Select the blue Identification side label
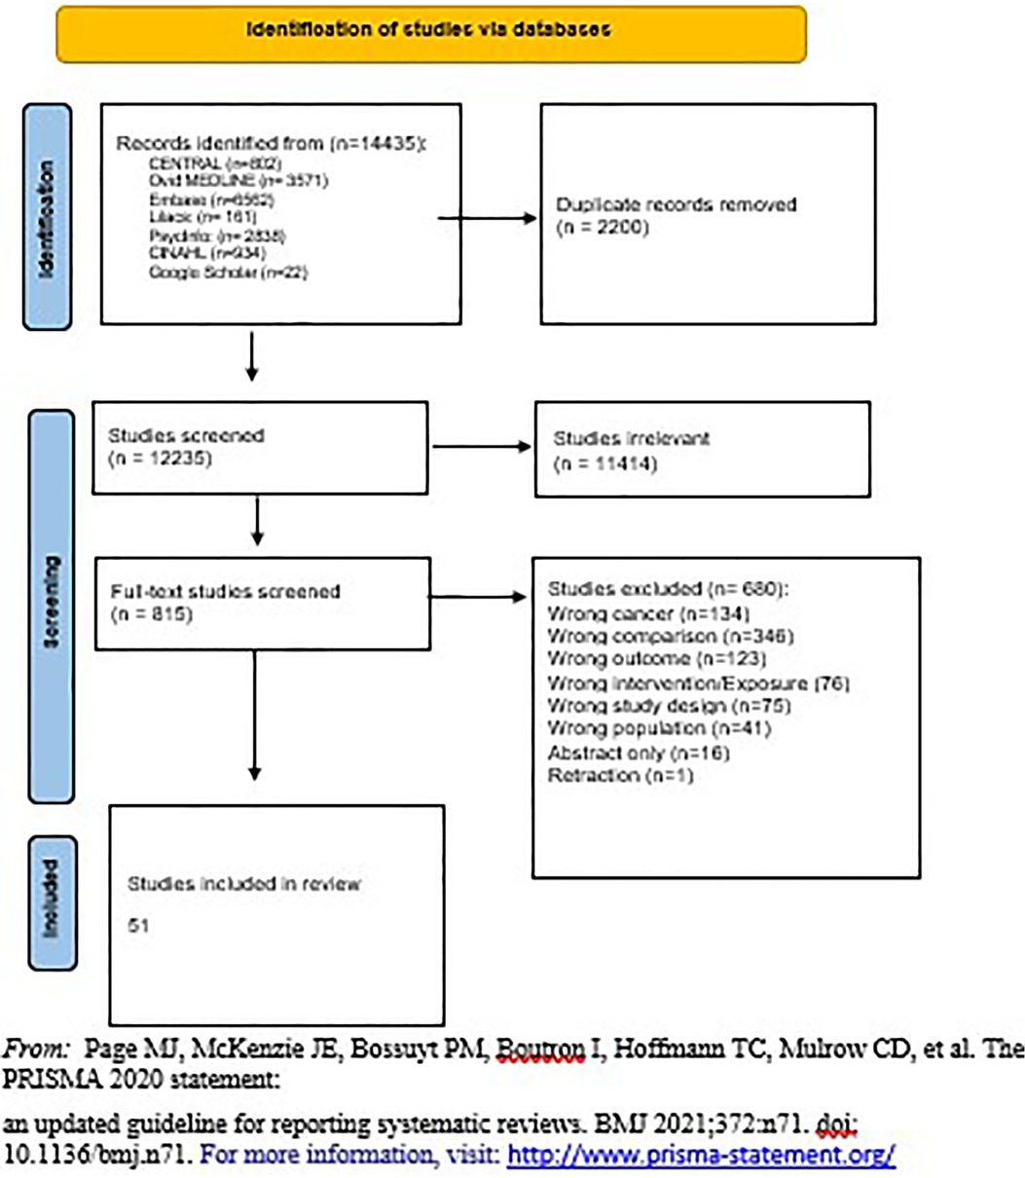[x=48, y=217]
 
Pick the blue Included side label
[x=53, y=902]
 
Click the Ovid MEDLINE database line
[x=238, y=180]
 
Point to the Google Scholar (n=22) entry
[x=228, y=273]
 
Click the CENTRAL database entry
[x=207, y=163]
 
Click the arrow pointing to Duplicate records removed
[x=487, y=218]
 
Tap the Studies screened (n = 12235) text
[x=185, y=445]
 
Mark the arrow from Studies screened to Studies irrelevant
[x=481, y=448]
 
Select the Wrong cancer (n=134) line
[x=648, y=613]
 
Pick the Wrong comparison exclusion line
[x=670, y=636]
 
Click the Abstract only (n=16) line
[x=638, y=753]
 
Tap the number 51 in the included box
[x=138, y=925]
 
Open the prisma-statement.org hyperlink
[x=701, y=1156]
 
